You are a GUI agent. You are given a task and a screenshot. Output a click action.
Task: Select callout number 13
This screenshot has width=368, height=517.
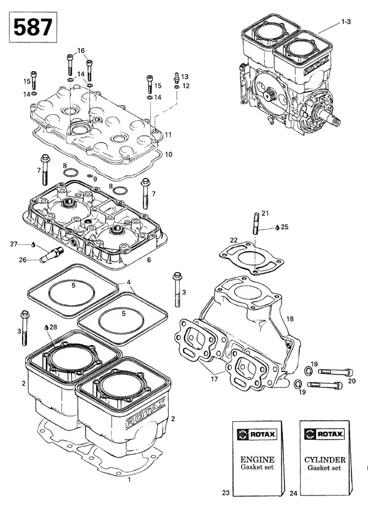[x=185, y=76]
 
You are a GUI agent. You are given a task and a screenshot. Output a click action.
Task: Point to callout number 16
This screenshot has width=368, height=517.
[x=80, y=50]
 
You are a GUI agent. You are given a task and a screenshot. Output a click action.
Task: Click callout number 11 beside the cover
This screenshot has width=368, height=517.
[x=168, y=134]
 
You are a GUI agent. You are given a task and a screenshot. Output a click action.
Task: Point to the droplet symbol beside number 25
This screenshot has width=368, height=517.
[x=277, y=227]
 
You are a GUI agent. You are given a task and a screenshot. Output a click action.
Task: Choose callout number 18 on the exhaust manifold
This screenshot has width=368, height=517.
[x=289, y=319]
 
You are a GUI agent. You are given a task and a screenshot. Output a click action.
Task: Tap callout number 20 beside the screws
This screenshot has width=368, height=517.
[x=352, y=381]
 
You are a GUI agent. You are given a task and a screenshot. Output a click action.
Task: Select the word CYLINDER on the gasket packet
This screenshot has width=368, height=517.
[x=324, y=459]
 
